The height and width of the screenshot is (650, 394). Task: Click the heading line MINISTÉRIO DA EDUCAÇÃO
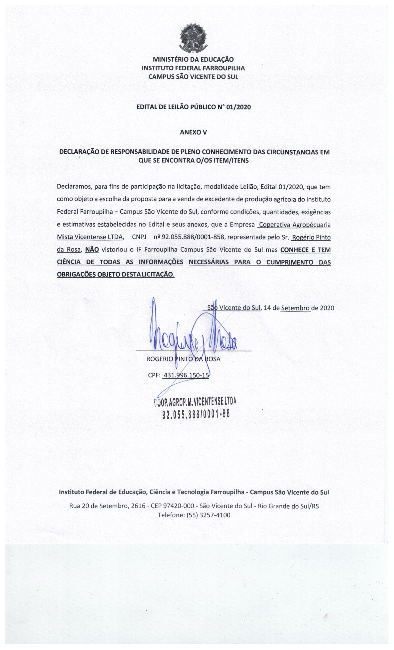click(x=193, y=60)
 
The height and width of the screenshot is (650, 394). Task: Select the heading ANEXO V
click(x=193, y=133)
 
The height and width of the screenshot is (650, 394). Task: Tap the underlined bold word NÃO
click(x=92, y=250)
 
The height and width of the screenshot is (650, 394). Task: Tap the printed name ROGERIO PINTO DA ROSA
click(x=183, y=359)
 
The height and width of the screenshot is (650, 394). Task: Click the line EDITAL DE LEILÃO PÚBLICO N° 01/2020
click(x=193, y=107)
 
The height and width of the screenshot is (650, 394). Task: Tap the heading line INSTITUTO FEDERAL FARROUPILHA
click(x=193, y=68)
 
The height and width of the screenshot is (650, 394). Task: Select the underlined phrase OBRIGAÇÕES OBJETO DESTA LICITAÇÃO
click(x=115, y=274)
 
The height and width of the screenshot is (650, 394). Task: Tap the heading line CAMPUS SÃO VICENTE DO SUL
click(x=193, y=77)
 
